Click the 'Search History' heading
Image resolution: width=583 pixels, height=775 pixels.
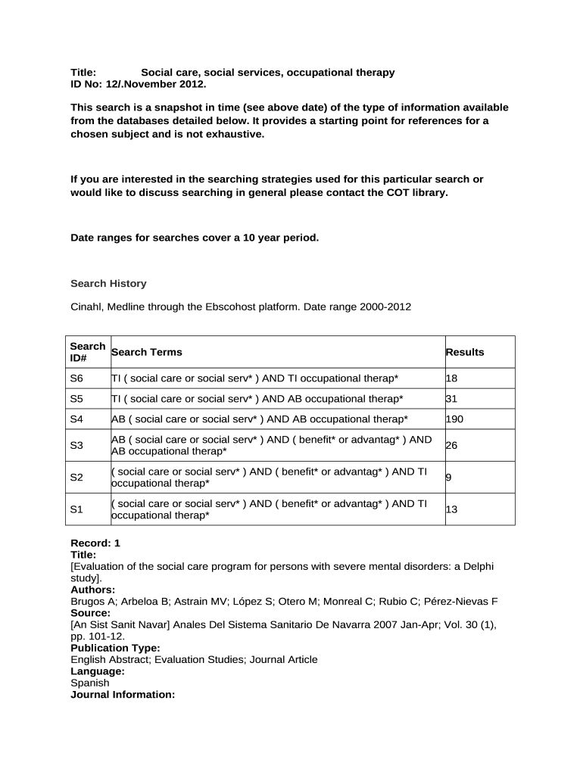pos(108,284)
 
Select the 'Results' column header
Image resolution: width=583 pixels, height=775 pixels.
pos(465,352)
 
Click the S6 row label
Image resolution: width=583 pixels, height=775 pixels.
pos(76,378)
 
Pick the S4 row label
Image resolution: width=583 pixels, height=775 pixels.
pos(76,419)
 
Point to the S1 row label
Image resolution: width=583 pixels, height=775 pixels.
pos(76,509)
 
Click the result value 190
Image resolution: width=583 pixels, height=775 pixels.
pos(454,419)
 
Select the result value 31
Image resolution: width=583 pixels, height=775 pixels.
pos(452,398)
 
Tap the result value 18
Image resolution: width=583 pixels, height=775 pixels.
pos(452,378)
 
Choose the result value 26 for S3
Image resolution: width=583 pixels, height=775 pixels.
pos(452,446)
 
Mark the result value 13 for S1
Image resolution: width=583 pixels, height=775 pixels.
pos(452,509)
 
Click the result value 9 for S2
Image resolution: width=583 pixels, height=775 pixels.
pos(449,478)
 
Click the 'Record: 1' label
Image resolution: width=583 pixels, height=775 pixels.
pos(95,543)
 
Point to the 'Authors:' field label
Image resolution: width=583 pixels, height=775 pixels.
pos(93,590)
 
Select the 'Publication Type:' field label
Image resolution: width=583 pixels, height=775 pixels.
pos(115,648)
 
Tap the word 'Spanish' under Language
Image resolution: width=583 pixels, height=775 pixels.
pos(90,683)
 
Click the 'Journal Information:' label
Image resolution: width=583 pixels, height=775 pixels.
pos(123,694)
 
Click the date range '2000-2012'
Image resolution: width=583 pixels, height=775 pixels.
pos(388,307)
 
